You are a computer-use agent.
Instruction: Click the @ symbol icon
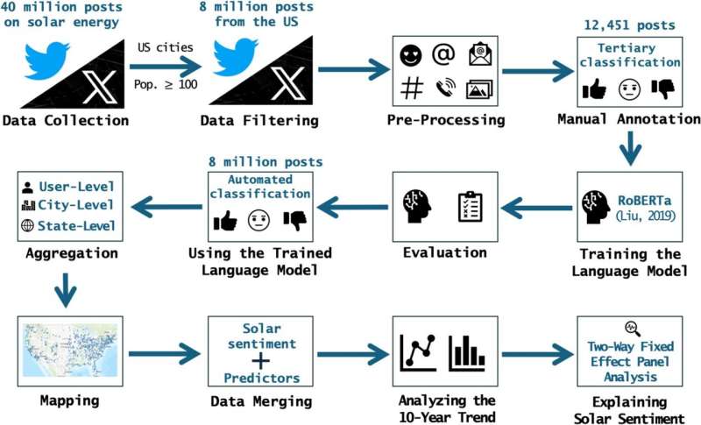coord(445,54)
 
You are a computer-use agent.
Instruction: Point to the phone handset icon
coord(445,89)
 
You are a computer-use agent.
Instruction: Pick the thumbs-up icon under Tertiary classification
coord(594,89)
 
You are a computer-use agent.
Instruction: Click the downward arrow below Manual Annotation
coord(627,152)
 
